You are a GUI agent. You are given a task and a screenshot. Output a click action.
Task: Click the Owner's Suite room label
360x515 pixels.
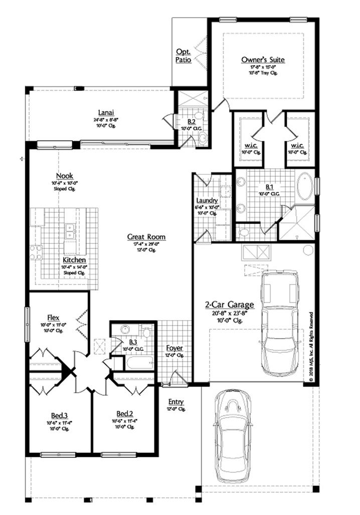(263, 60)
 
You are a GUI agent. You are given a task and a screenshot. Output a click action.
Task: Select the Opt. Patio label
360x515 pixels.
(183, 56)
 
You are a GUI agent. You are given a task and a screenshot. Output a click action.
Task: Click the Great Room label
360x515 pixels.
(146, 237)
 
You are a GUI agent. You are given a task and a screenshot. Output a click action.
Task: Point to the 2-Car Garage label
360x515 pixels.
(229, 305)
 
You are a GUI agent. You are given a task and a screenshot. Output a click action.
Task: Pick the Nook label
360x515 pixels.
(65, 176)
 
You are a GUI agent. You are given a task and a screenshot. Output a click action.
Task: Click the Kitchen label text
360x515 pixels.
(74, 261)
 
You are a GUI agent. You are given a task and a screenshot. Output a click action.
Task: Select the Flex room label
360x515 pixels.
(54, 318)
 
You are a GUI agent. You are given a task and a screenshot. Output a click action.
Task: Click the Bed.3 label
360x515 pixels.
(59, 415)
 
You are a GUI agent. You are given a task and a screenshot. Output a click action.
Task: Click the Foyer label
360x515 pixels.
(174, 348)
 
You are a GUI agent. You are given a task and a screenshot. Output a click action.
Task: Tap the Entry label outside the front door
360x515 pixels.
(176, 402)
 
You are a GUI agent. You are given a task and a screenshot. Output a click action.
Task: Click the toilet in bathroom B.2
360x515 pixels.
(203, 138)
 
